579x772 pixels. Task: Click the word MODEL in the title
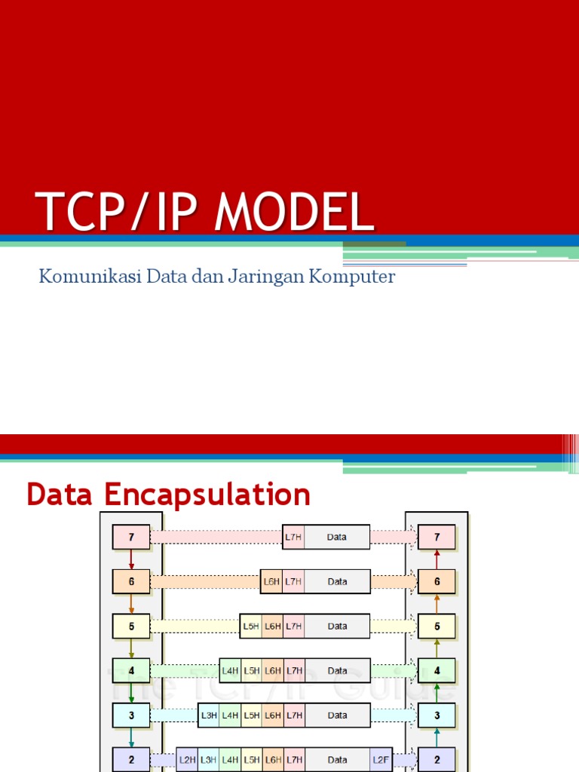[x=295, y=212]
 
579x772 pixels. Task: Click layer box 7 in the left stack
[x=132, y=538]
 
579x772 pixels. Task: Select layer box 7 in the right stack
[x=437, y=538]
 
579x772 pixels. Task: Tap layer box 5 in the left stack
[x=132, y=626]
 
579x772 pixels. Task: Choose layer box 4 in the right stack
[x=437, y=670]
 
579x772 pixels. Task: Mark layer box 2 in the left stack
[x=132, y=758]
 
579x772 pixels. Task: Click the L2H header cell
[x=188, y=758]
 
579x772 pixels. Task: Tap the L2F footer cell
[x=381, y=758]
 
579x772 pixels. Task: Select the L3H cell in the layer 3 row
[x=209, y=715]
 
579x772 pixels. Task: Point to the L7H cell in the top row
[x=294, y=538]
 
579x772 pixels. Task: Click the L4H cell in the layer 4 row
[x=230, y=670]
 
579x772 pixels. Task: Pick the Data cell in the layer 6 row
[x=337, y=581]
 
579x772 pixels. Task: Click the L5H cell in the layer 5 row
[x=251, y=626]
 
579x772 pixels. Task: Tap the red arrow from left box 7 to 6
[x=132, y=559]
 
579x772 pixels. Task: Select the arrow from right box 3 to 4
[x=437, y=692]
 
